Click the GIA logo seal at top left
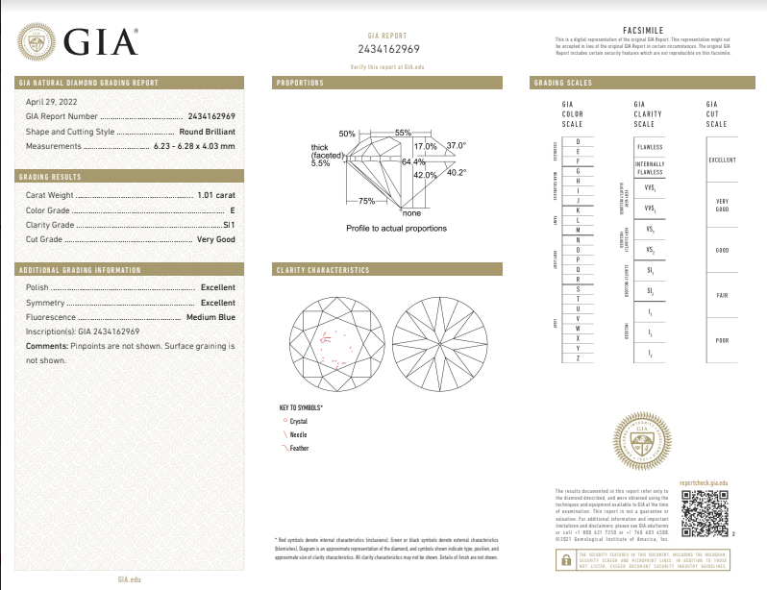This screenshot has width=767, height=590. pyautogui.click(x=37, y=42)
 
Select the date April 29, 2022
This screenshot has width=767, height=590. pyautogui.click(x=51, y=101)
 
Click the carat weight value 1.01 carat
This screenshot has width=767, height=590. pyautogui.click(x=215, y=195)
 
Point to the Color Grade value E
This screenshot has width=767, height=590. pyautogui.click(x=232, y=209)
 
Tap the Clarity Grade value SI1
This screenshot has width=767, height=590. pyautogui.click(x=228, y=224)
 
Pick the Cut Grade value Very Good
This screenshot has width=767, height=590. pyautogui.click(x=215, y=238)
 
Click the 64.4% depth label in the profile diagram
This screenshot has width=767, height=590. pyautogui.click(x=413, y=162)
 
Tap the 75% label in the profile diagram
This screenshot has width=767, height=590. pyautogui.click(x=366, y=202)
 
